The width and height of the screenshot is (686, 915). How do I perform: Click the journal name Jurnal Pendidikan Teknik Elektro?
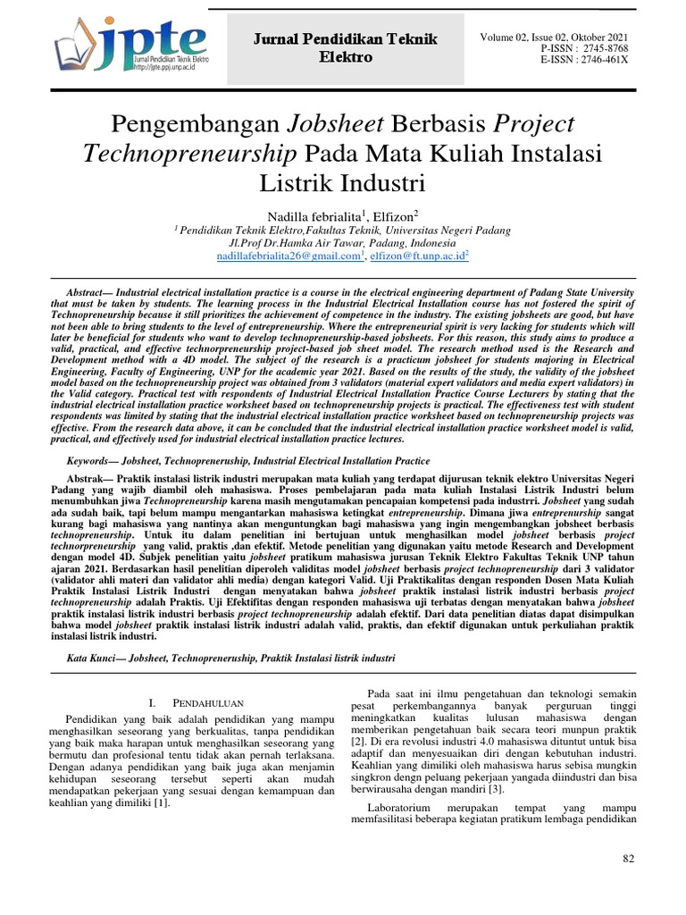(344, 47)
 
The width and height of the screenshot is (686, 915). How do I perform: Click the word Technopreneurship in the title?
(190, 155)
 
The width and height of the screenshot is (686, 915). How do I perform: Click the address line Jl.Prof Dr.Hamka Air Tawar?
(343, 242)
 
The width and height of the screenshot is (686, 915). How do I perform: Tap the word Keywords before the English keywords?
(92, 461)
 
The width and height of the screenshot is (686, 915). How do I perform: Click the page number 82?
(627, 859)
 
